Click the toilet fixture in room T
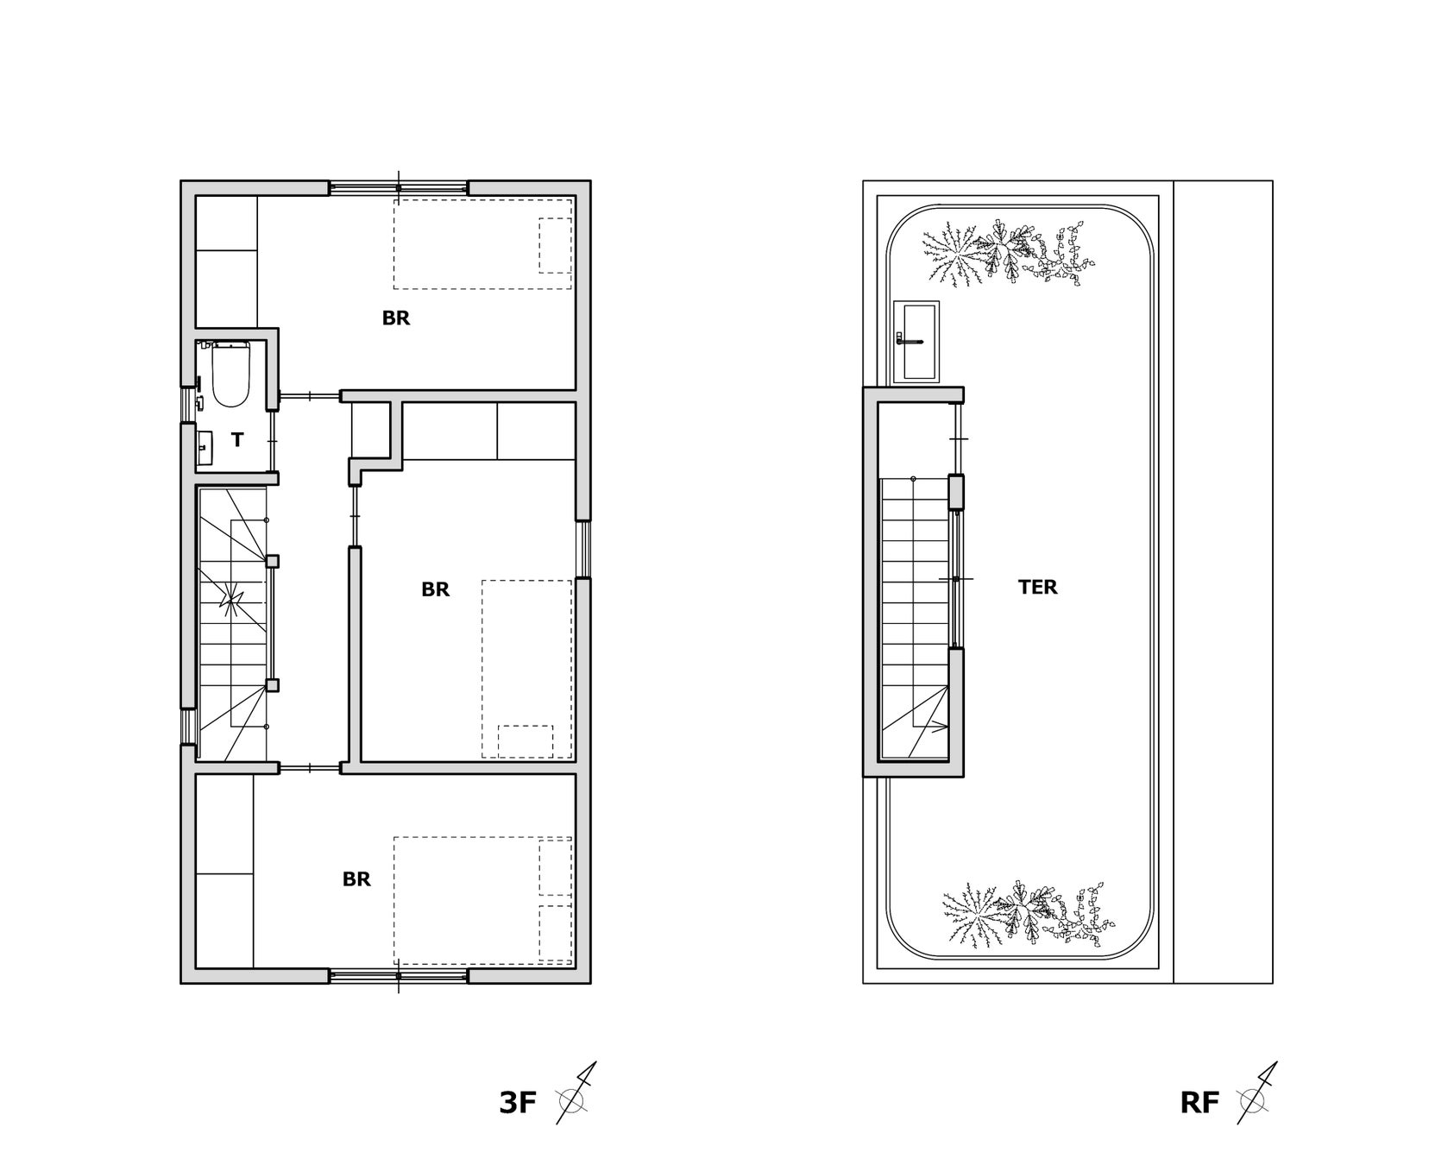(x=230, y=375)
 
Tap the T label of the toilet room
(x=237, y=440)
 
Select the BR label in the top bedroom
(x=396, y=318)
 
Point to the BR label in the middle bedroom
(x=435, y=589)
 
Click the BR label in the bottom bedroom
(x=356, y=879)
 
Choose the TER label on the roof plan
(x=1037, y=587)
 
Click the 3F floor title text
(x=518, y=1103)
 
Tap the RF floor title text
(x=1199, y=1103)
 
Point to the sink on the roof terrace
(x=916, y=341)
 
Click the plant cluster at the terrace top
(x=1006, y=250)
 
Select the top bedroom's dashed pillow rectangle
(x=555, y=245)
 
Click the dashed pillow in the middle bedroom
(x=526, y=740)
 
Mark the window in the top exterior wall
(x=399, y=187)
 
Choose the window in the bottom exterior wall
(x=399, y=976)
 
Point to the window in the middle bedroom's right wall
(x=583, y=549)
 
